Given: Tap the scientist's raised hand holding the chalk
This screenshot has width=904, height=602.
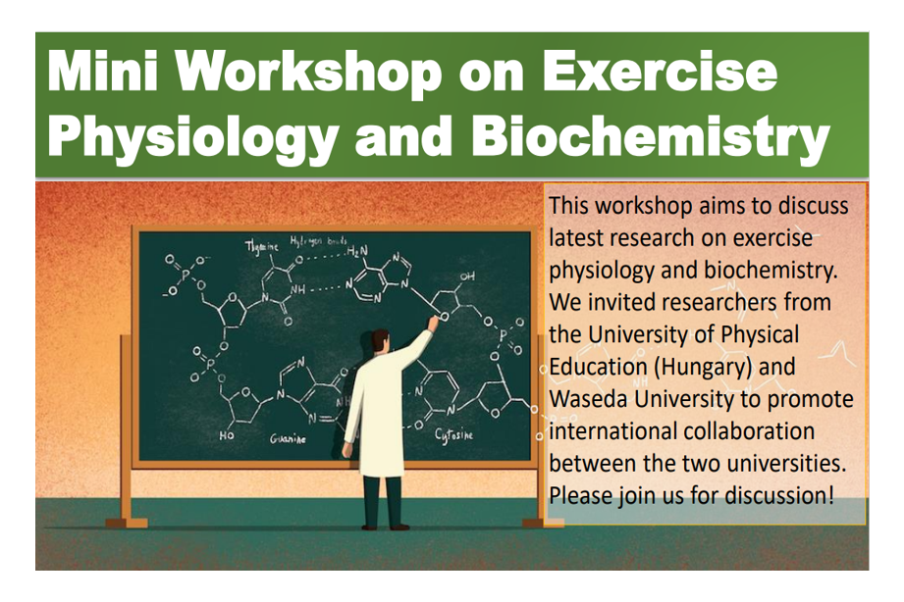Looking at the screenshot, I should [432, 321].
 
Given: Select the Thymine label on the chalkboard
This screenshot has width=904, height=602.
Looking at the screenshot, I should [261, 246].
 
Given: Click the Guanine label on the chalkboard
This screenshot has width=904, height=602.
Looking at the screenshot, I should [288, 439].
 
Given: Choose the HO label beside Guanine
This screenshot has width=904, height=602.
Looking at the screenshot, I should [226, 433].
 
